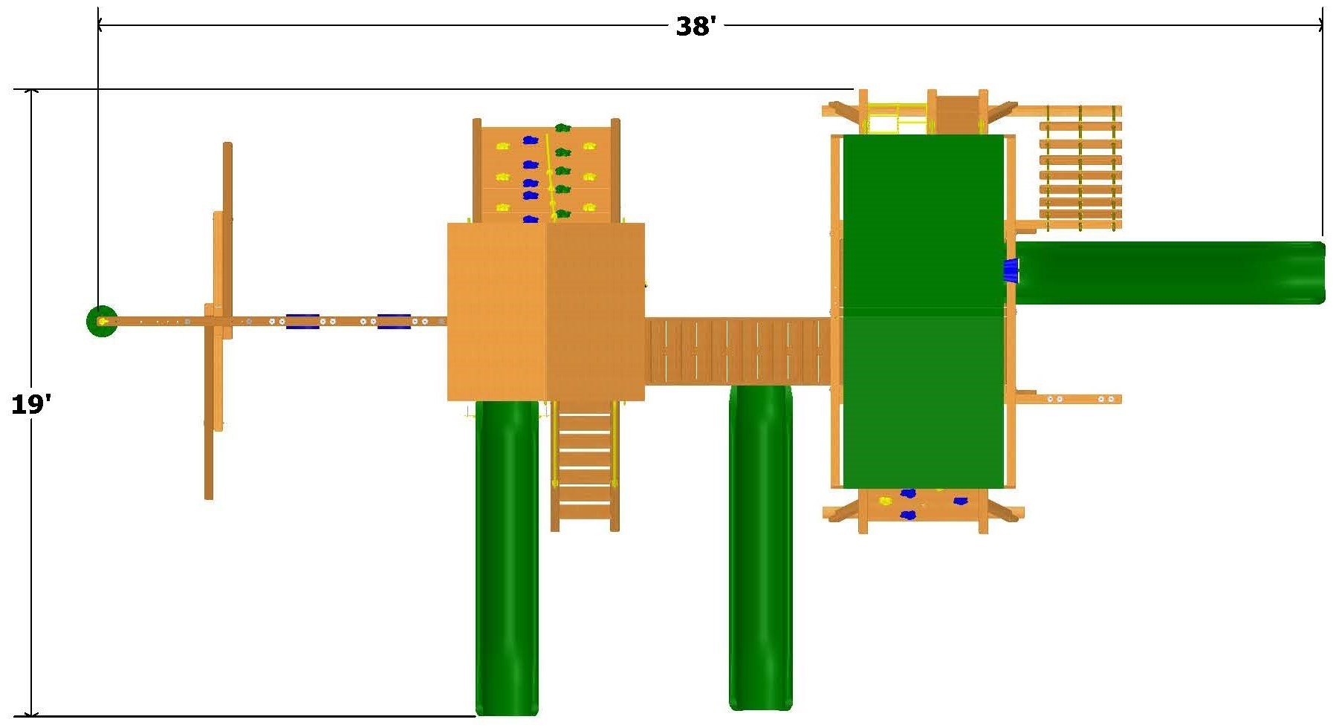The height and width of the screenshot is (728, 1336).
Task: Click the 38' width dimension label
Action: (x=695, y=27)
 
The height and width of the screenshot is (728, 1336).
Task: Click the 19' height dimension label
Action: (x=31, y=404)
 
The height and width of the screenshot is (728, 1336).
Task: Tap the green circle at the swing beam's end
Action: (x=102, y=321)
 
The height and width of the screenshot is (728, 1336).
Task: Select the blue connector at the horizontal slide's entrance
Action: (x=1011, y=271)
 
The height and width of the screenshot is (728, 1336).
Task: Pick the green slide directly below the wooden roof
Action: (x=507, y=557)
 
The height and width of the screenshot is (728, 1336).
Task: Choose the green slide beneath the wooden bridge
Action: (x=761, y=547)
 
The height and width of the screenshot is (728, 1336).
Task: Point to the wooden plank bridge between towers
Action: (x=737, y=351)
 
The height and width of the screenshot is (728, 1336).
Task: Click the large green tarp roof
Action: (x=923, y=311)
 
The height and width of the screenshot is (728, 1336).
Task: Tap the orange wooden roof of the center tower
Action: (x=545, y=312)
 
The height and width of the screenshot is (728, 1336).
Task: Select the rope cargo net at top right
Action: (x=1080, y=168)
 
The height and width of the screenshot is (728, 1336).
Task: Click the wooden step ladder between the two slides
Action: (x=585, y=466)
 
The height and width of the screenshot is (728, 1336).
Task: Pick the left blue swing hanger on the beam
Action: (x=303, y=321)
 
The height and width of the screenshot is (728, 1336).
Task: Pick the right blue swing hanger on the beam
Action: (x=394, y=321)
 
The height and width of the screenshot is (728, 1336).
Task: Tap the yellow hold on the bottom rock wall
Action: (x=885, y=501)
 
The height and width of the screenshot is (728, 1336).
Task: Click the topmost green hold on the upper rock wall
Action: (x=562, y=128)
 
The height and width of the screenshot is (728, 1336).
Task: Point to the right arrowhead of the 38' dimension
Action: (x=1320, y=25)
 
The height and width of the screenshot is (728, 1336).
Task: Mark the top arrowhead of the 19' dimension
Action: (x=31, y=93)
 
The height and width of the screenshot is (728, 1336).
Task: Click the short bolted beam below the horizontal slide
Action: (x=1069, y=399)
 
